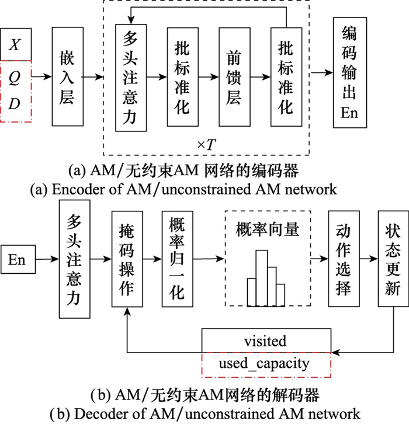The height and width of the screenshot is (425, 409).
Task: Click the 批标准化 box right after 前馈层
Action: pos(286,76)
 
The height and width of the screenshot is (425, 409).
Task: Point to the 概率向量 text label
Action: pos(268,228)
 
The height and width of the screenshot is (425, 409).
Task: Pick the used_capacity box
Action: pos(266,364)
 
